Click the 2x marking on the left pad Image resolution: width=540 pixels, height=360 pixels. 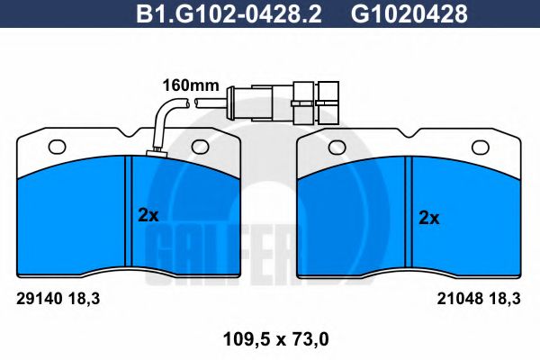pos(148,215)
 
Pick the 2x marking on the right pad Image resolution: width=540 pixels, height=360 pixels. pos(429,217)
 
